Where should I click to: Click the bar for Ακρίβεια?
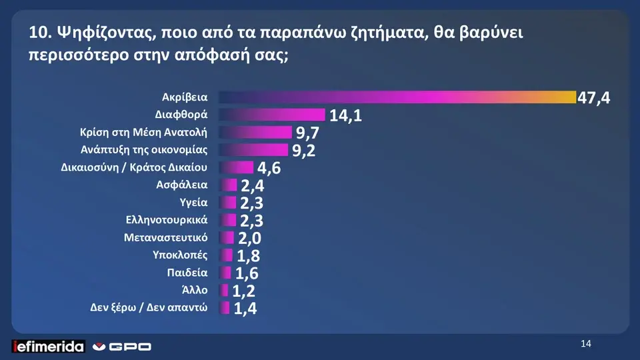397,97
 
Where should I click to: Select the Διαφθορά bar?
271,115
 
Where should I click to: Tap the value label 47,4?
593,99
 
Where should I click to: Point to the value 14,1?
345,116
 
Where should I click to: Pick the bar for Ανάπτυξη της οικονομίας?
253,149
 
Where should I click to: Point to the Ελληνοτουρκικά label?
167,219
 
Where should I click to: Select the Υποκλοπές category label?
180,255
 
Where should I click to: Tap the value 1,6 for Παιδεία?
246,273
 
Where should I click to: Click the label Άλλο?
195,290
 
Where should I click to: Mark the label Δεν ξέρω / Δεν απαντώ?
149,307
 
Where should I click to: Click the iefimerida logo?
49,346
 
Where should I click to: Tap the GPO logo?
121,346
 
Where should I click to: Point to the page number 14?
586,343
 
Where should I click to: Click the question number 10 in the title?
38,33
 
